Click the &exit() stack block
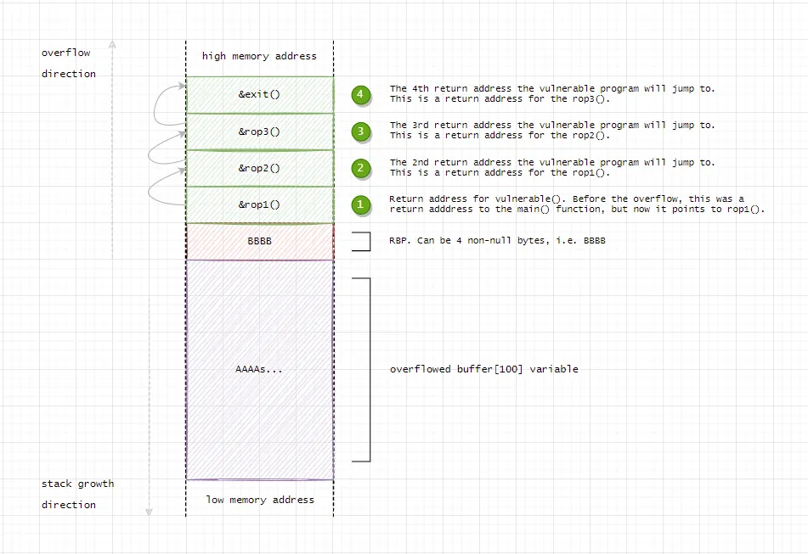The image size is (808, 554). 259,94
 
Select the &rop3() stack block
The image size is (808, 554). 259,132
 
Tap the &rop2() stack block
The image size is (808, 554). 259,168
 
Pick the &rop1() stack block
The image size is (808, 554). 259,204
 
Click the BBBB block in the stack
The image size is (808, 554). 259,241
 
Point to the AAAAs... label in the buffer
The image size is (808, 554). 259,369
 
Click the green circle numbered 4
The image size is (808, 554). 361,94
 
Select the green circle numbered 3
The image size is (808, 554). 361,131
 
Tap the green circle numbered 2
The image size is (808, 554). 361,168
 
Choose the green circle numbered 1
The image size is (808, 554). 361,204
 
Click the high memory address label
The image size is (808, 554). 259,56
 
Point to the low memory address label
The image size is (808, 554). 259,500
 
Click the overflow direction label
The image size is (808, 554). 68,63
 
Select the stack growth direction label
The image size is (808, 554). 76,494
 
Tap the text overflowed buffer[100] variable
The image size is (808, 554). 483,369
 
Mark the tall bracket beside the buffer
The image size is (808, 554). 369,369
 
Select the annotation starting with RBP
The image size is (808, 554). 497,241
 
